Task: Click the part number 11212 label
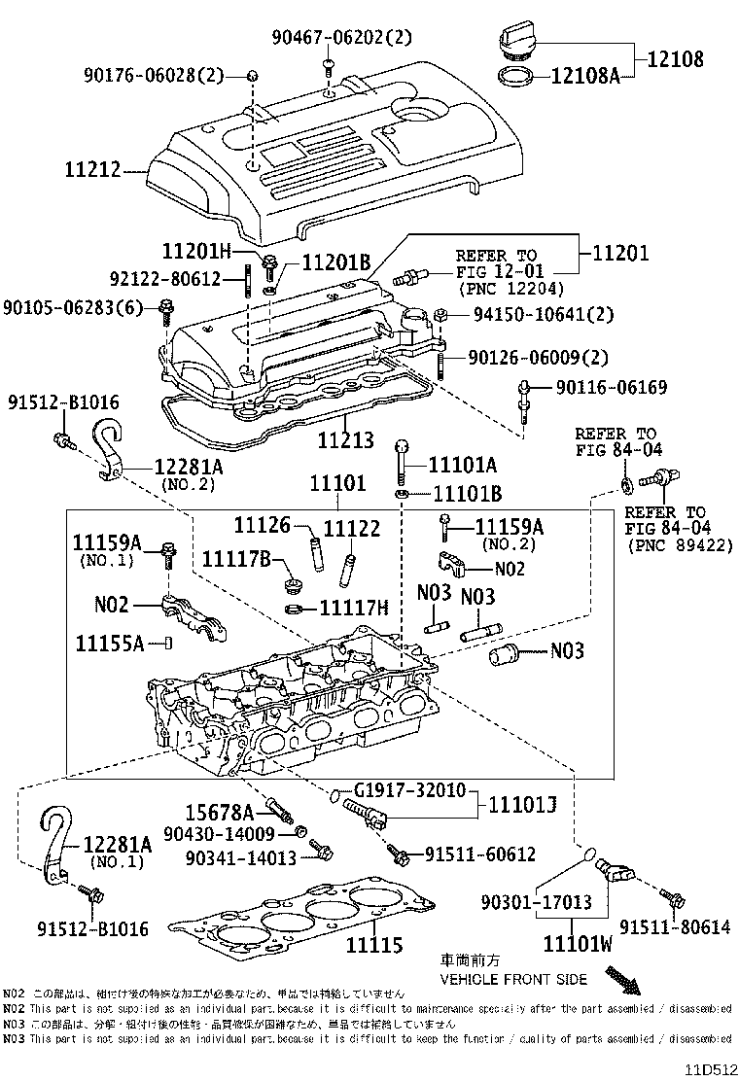[93, 171]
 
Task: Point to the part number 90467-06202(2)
[341, 38]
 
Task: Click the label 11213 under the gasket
[342, 439]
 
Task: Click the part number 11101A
[464, 465]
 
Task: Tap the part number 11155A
[110, 643]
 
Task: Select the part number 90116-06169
[612, 388]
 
